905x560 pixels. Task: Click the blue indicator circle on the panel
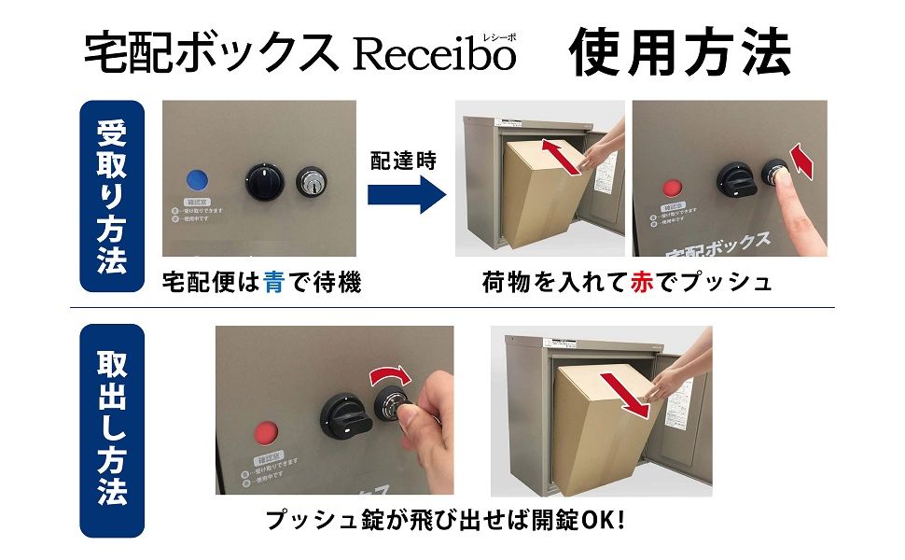point(197,180)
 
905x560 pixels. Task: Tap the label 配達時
point(403,161)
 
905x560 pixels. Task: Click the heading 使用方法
point(681,52)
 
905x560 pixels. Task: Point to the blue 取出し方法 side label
point(111,429)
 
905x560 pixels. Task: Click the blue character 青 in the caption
point(272,283)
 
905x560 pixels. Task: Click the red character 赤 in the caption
point(643,283)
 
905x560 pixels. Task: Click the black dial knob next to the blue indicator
point(262,179)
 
